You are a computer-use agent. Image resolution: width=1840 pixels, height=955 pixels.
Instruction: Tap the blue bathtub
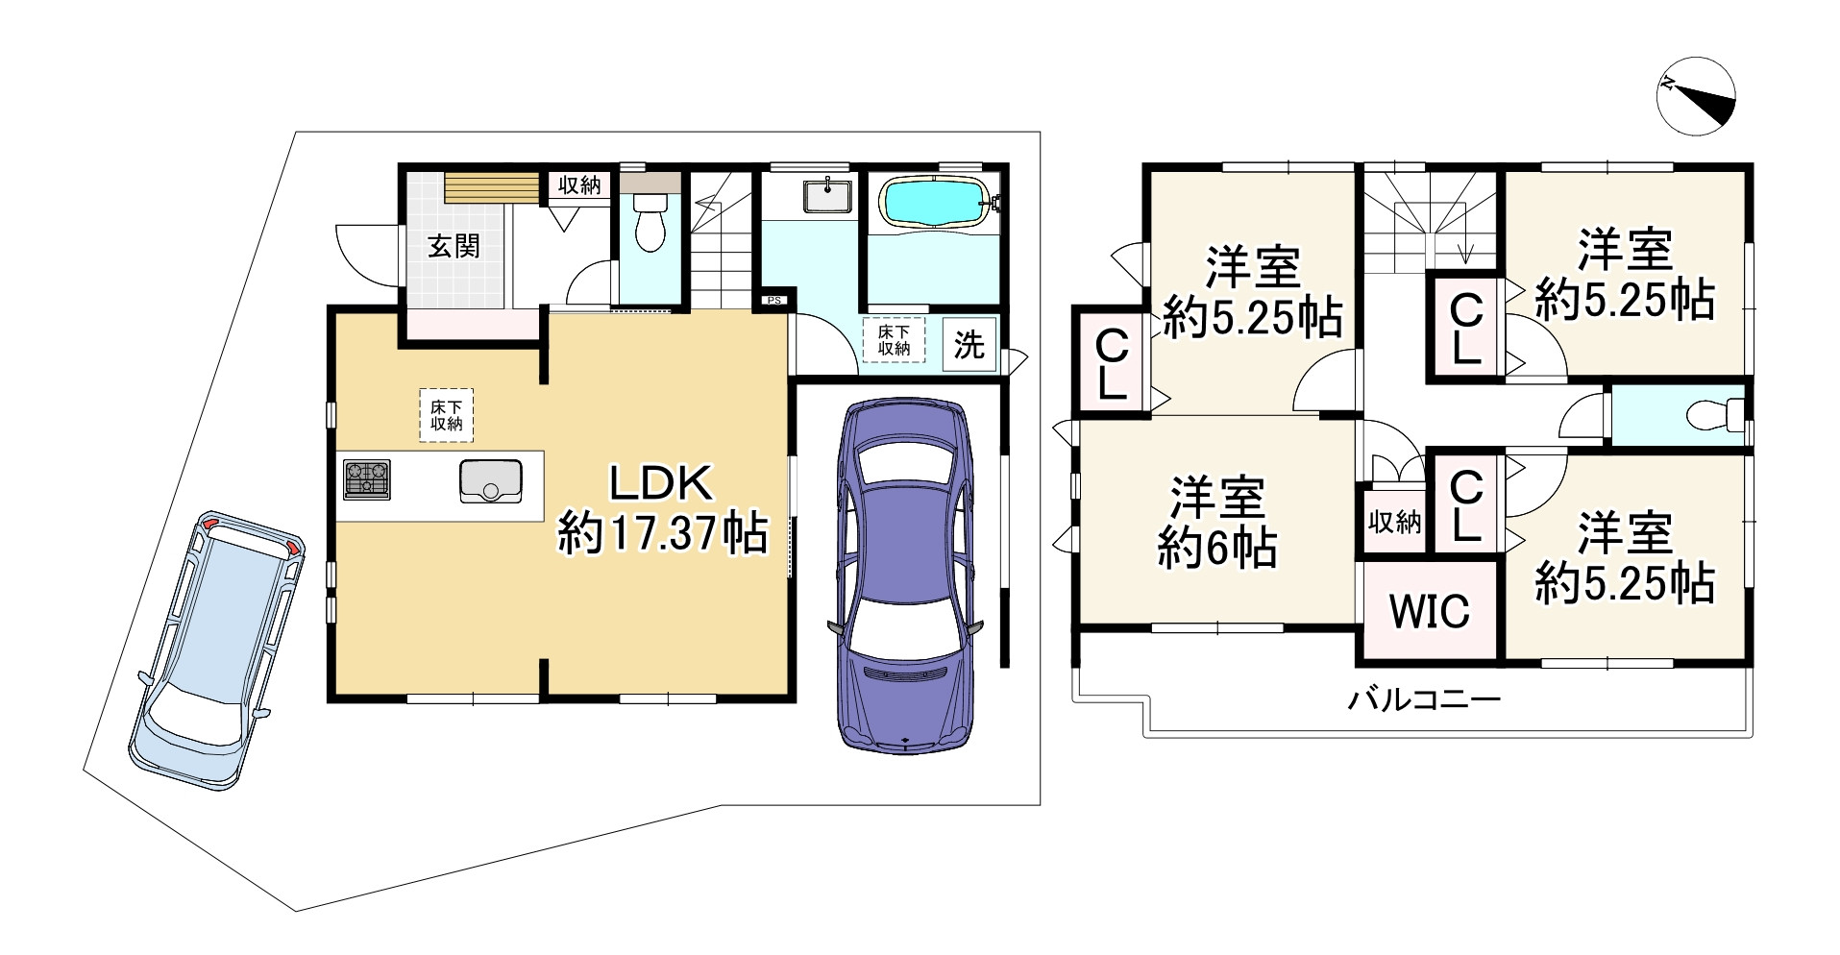pos(932,203)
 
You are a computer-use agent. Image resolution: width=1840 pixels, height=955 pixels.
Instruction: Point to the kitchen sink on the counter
pos(490,480)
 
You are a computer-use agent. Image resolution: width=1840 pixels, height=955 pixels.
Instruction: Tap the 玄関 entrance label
pos(454,246)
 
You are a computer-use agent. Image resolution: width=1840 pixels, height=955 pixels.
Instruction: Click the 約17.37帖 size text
pos(663,533)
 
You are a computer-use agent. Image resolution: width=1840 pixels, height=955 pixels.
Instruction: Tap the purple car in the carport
pos(905,575)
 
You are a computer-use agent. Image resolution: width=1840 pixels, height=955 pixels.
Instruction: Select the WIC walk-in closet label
pos(1429,611)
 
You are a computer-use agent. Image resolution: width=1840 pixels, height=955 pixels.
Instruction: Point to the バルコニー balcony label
pos(1423,699)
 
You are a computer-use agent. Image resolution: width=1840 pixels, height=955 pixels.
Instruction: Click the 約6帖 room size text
pos(1216,549)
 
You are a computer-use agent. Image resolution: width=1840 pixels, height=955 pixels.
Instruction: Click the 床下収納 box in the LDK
pos(446,415)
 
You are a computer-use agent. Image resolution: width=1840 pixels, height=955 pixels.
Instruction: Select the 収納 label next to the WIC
pos(1394,523)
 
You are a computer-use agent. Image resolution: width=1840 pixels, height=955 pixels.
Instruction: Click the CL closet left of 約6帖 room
pos(1112,364)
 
